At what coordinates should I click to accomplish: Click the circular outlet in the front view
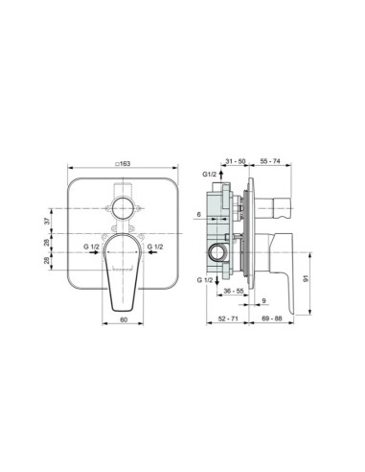pyautogui.click(x=124, y=208)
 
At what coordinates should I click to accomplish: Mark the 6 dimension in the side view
pyautogui.click(x=197, y=215)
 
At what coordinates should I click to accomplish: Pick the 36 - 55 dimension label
pyautogui.click(x=234, y=290)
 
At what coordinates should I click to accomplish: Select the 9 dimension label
pyautogui.click(x=262, y=301)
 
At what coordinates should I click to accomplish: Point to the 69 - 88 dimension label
pyautogui.click(x=271, y=318)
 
